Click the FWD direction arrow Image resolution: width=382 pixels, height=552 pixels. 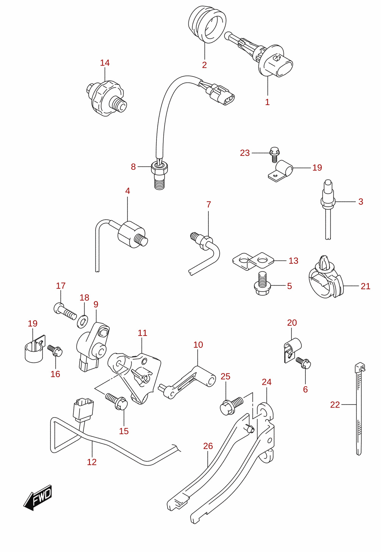coord(38,497)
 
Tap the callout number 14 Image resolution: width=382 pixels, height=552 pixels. coord(105,63)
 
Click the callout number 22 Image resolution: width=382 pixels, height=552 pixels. coord(335,405)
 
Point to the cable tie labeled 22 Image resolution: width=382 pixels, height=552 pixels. coord(359,409)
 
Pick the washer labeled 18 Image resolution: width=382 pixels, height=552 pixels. coord(83,321)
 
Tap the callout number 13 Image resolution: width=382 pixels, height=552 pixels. coord(293,261)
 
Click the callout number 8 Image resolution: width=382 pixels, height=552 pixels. coord(133,167)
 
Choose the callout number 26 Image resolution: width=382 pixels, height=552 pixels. coord(208,446)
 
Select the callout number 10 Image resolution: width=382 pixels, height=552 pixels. coord(198,345)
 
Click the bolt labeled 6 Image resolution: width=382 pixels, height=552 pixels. coord(304,363)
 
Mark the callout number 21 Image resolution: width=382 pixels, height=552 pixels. coord(365,286)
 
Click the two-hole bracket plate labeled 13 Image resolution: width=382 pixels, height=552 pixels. coord(254,261)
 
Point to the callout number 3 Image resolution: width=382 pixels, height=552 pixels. coord(361,202)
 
